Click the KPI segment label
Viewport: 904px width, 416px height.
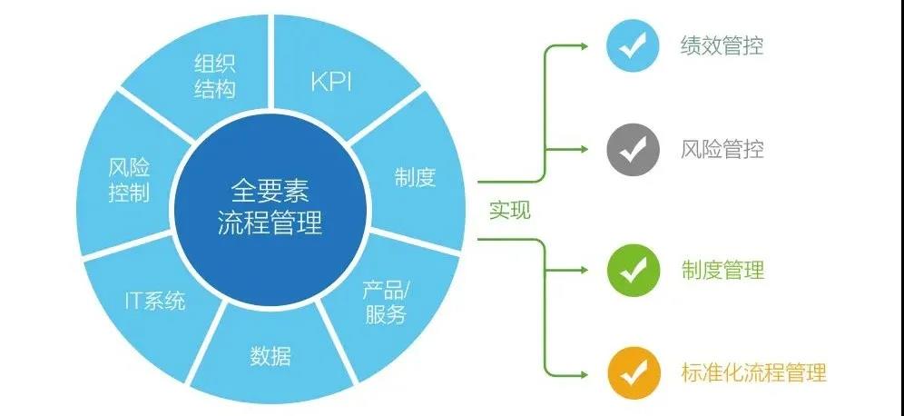(330, 83)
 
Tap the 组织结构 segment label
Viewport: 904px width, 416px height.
(215, 76)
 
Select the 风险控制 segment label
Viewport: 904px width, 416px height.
(128, 180)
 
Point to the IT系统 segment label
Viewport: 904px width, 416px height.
(154, 301)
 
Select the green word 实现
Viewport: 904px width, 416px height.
(509, 211)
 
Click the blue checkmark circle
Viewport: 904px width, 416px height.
(633, 45)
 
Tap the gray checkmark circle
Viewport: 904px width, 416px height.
(633, 149)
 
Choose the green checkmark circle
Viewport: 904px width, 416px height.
(633, 270)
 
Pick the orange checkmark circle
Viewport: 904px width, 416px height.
(633, 372)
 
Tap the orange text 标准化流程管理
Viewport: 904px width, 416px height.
(753, 372)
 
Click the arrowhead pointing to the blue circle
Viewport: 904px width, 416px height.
(592, 45)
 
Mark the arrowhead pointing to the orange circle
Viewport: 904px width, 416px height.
(592, 372)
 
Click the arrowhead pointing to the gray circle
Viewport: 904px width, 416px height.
(592, 149)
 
